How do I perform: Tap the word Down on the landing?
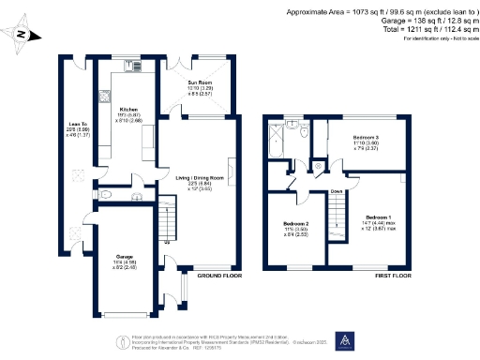tap(336, 190)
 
